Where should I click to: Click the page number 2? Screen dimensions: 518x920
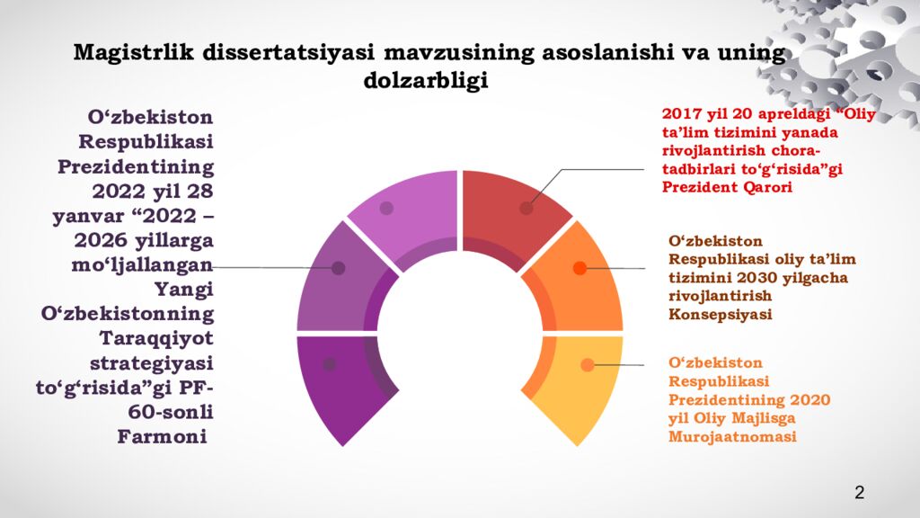coord(860,492)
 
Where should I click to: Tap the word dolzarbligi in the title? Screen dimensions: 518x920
coord(426,80)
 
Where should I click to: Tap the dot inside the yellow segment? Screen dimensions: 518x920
coord(588,364)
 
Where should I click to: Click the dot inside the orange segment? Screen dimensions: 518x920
coord(579,268)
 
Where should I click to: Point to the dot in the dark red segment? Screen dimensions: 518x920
coord(526,208)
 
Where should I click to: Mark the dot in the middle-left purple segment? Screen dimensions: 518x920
coord(339,268)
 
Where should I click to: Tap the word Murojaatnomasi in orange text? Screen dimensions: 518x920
coord(733,437)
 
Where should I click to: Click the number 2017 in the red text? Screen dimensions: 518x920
coord(680,115)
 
